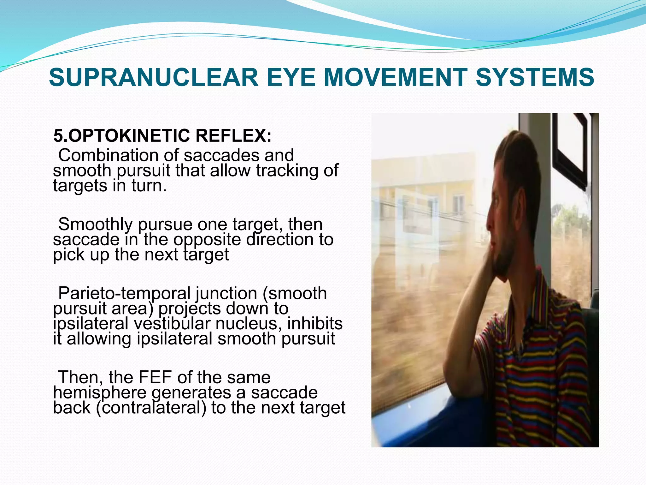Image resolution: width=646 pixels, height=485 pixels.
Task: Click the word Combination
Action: [x=109, y=155]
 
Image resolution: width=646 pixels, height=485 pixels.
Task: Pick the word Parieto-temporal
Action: [x=124, y=293]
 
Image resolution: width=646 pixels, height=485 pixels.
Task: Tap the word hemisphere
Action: [x=100, y=392]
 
